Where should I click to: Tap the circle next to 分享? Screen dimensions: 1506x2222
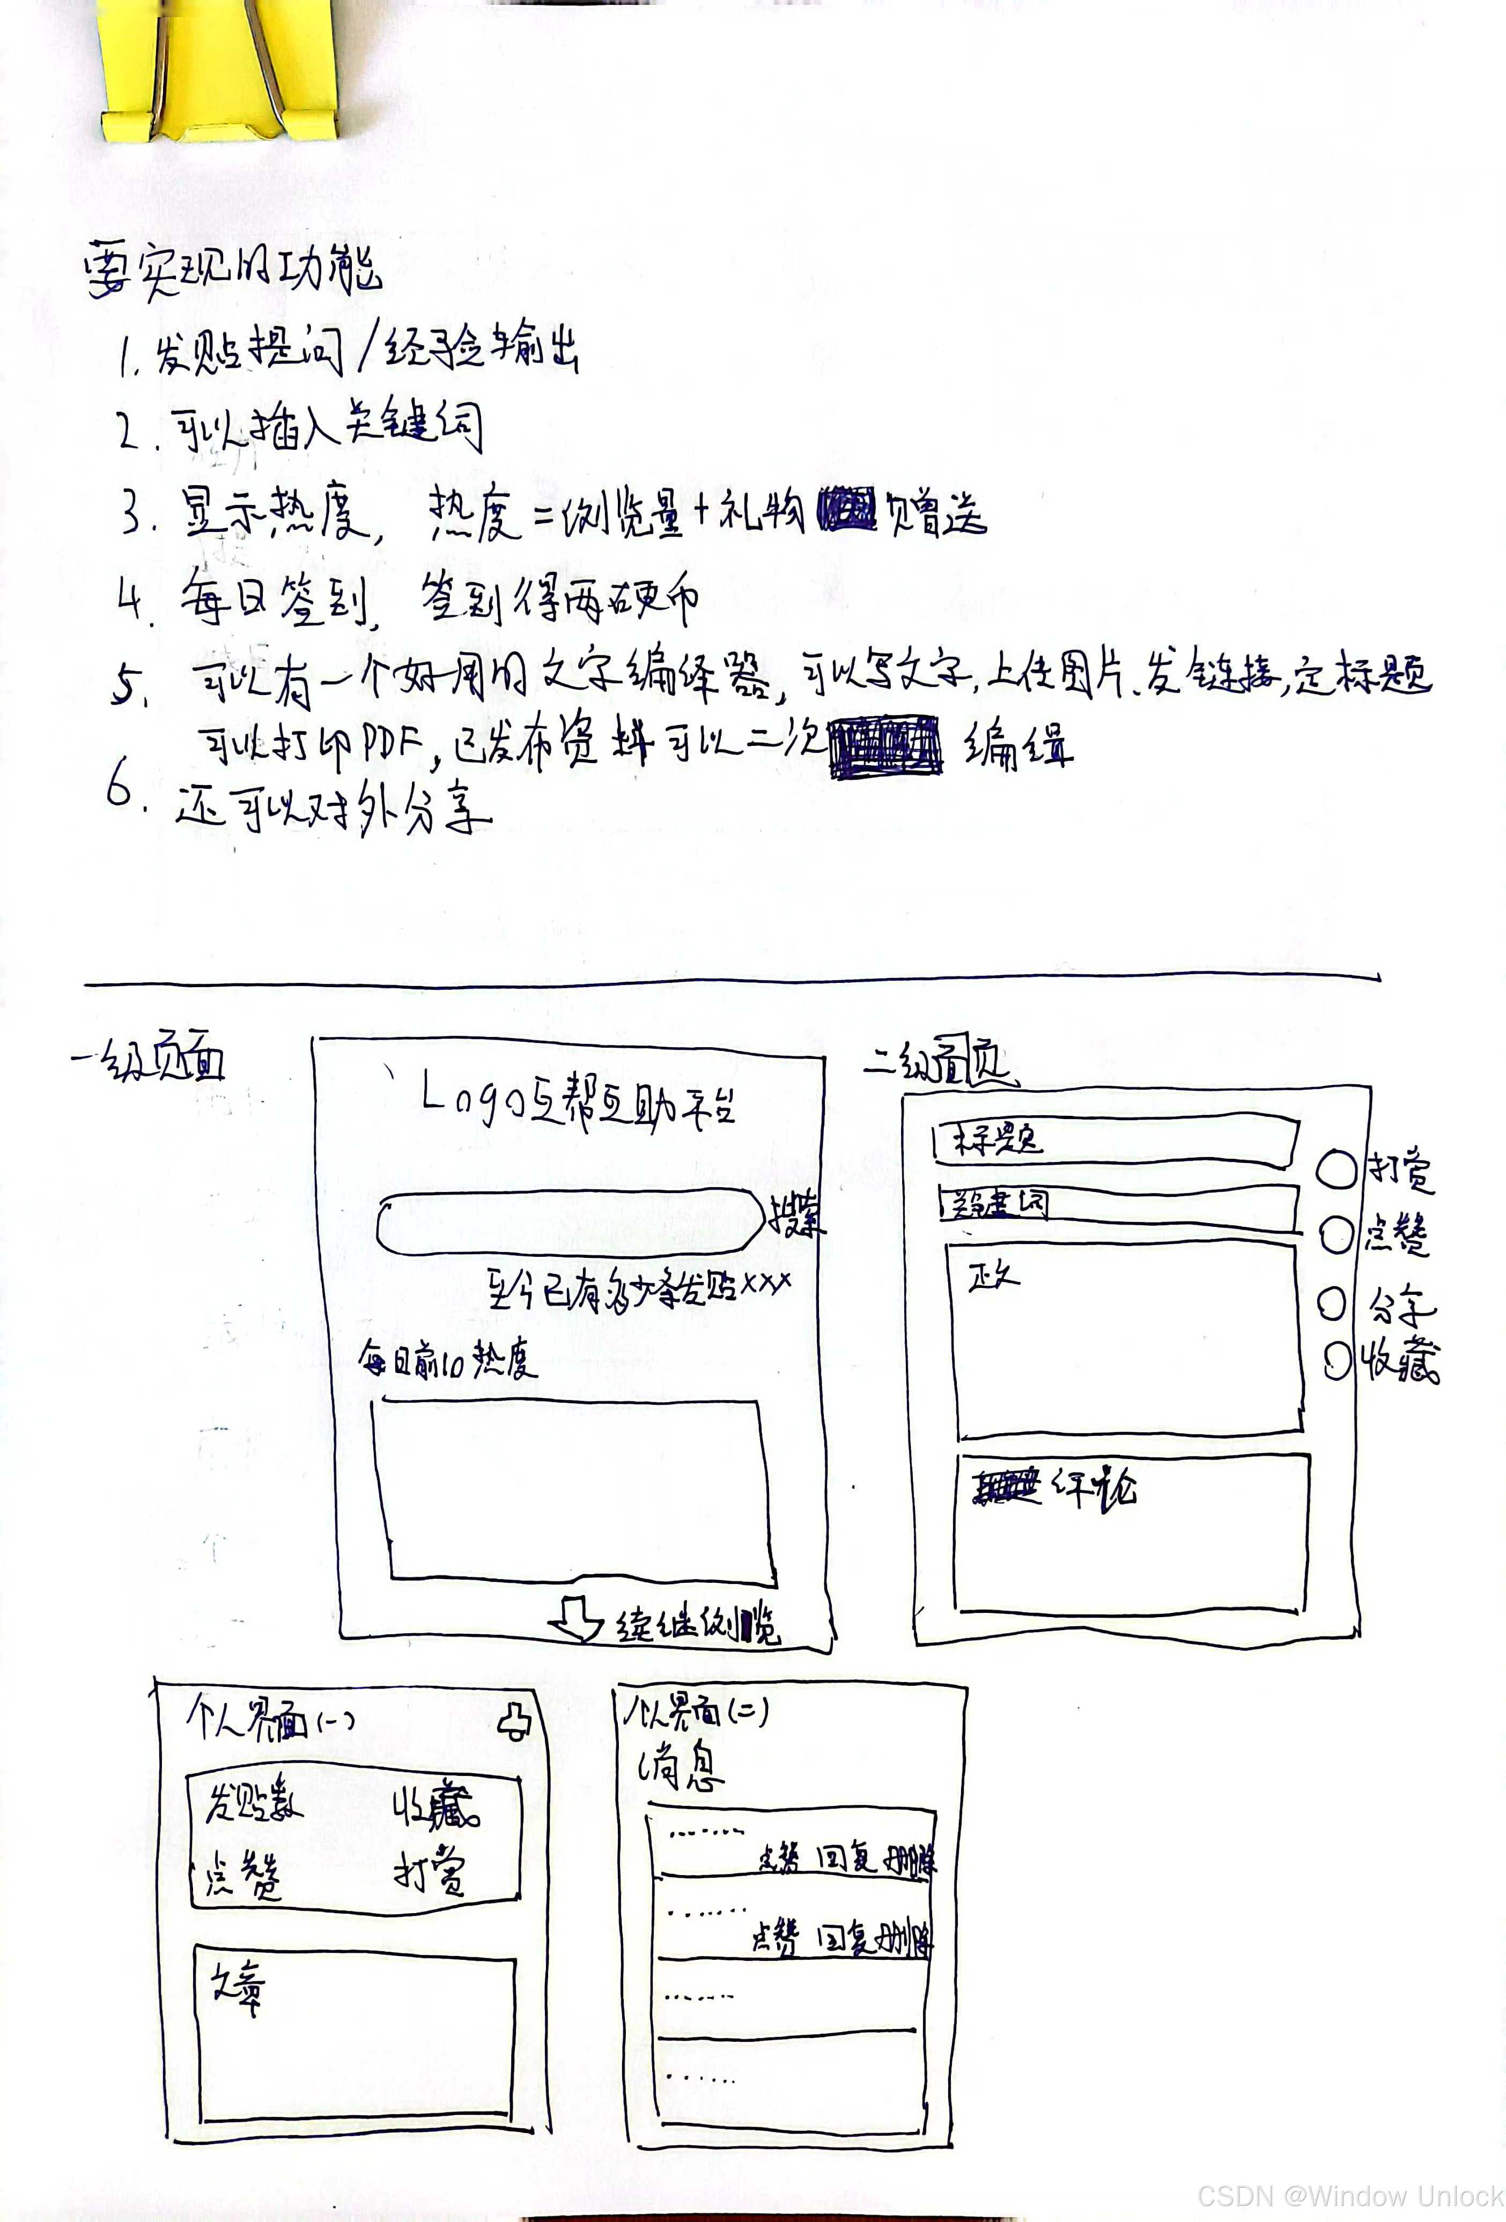1332,1302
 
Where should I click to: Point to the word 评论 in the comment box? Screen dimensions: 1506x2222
1095,1488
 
